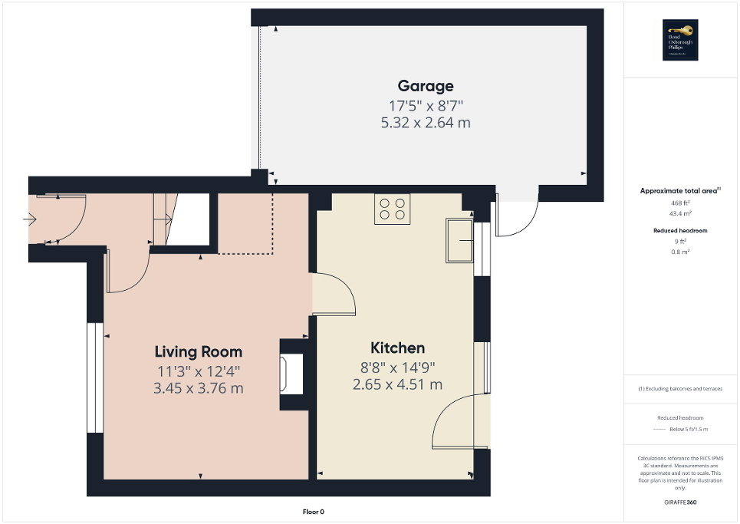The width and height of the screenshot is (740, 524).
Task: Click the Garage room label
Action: point(425,86)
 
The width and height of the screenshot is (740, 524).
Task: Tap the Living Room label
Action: point(199,352)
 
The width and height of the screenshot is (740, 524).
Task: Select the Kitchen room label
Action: point(397,348)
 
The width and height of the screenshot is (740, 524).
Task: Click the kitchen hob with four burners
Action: point(392,208)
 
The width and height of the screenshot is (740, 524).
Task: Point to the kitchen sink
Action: point(460,240)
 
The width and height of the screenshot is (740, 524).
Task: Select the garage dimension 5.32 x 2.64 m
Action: point(425,122)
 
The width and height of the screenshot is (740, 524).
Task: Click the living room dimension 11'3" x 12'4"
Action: point(199,371)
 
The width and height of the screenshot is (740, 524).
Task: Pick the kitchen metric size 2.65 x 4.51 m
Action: point(397,384)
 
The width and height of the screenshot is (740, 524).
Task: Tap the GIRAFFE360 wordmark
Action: point(681,503)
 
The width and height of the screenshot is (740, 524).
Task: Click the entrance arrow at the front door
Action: point(30,221)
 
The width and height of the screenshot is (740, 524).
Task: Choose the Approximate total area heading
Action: point(679,190)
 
